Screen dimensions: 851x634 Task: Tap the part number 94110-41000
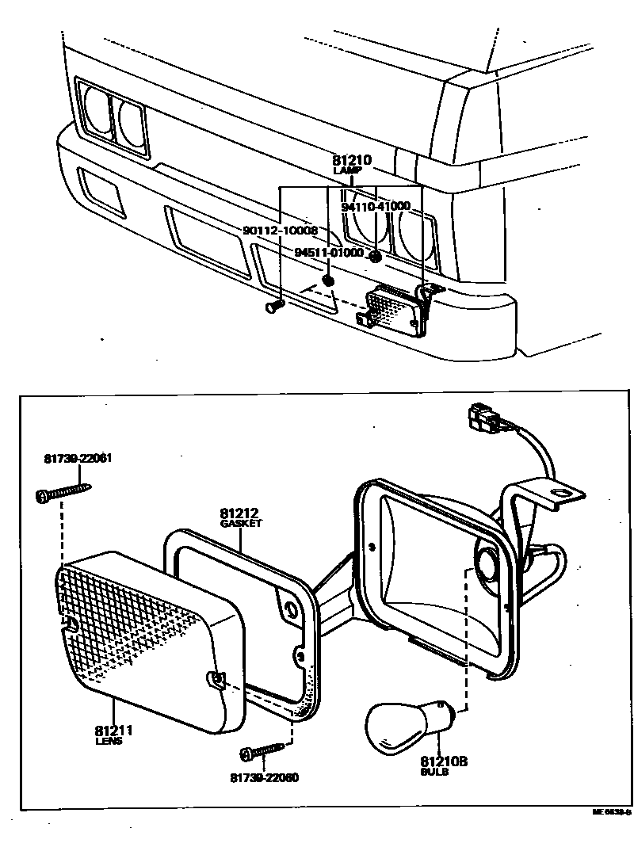click(x=376, y=207)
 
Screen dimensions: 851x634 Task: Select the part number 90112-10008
click(x=279, y=231)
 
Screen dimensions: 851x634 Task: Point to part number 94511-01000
click(x=328, y=253)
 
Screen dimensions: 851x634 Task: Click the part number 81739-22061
click(x=78, y=459)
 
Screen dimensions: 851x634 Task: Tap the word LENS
click(x=109, y=742)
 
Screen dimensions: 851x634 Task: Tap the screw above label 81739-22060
click(x=265, y=749)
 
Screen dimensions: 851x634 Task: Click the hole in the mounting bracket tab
click(x=563, y=495)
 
